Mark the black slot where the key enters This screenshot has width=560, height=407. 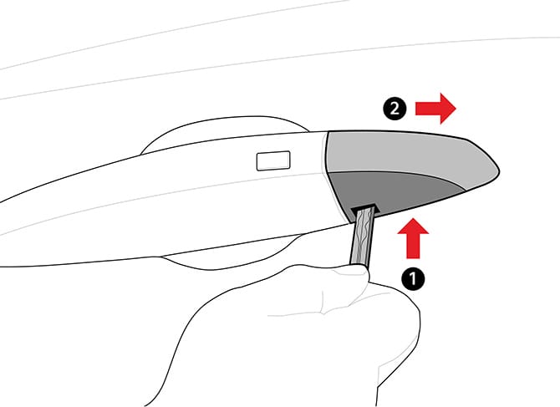[x=363, y=206]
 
